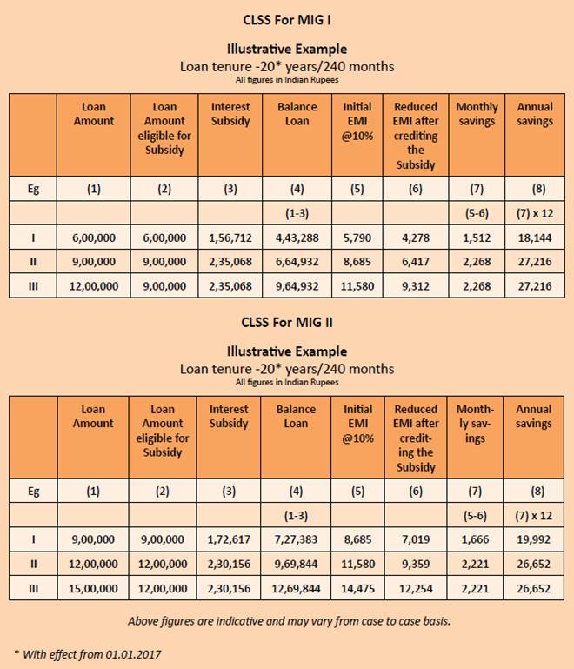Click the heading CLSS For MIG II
point(287,322)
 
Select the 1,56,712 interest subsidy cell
point(230,237)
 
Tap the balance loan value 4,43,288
point(297,237)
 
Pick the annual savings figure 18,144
point(535,237)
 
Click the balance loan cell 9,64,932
point(297,285)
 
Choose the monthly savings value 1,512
point(477,237)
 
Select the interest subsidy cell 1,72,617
point(230,540)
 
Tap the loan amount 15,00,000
point(93,588)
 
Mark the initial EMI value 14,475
point(357,588)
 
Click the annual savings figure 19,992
point(535,540)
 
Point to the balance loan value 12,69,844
point(297,588)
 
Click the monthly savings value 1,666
point(476,540)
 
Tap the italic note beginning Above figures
point(287,621)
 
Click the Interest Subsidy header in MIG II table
point(230,416)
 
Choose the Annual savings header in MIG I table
point(535,114)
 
